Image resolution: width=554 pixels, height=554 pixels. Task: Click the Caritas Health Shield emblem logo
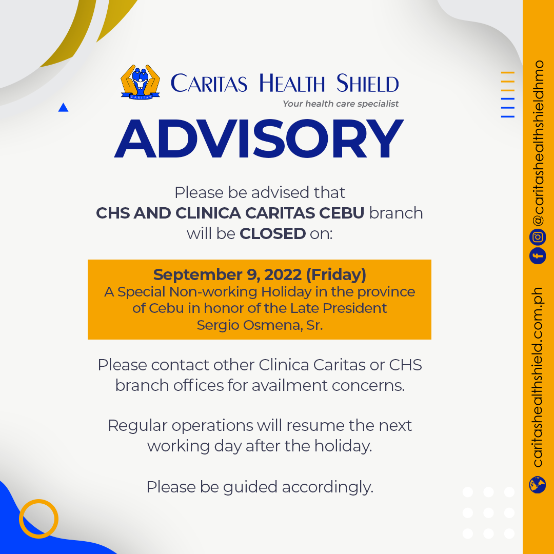140,82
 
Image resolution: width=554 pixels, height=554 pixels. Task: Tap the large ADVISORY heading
259,138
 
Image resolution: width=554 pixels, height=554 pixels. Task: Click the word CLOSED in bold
273,233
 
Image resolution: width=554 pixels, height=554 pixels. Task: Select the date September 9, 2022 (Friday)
260,274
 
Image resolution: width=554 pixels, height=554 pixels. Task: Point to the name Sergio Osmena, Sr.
260,325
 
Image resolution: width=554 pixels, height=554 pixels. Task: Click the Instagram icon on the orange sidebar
538,236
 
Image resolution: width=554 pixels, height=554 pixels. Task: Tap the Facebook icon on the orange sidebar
538,255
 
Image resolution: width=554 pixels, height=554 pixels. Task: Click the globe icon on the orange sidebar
538,484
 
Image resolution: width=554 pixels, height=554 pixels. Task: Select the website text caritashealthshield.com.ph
538,378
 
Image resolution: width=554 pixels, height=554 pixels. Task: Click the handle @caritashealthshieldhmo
538,143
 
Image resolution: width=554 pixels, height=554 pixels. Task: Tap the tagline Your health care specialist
341,104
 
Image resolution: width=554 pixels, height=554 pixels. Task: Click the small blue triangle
63,107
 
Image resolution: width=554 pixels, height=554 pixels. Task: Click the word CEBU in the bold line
342,213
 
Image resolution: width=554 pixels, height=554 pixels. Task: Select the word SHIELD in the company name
367,84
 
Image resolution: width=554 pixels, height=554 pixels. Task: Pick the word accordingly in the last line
327,487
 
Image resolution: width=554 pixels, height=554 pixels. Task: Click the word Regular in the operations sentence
137,426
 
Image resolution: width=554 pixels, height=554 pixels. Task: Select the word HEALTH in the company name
292,84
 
